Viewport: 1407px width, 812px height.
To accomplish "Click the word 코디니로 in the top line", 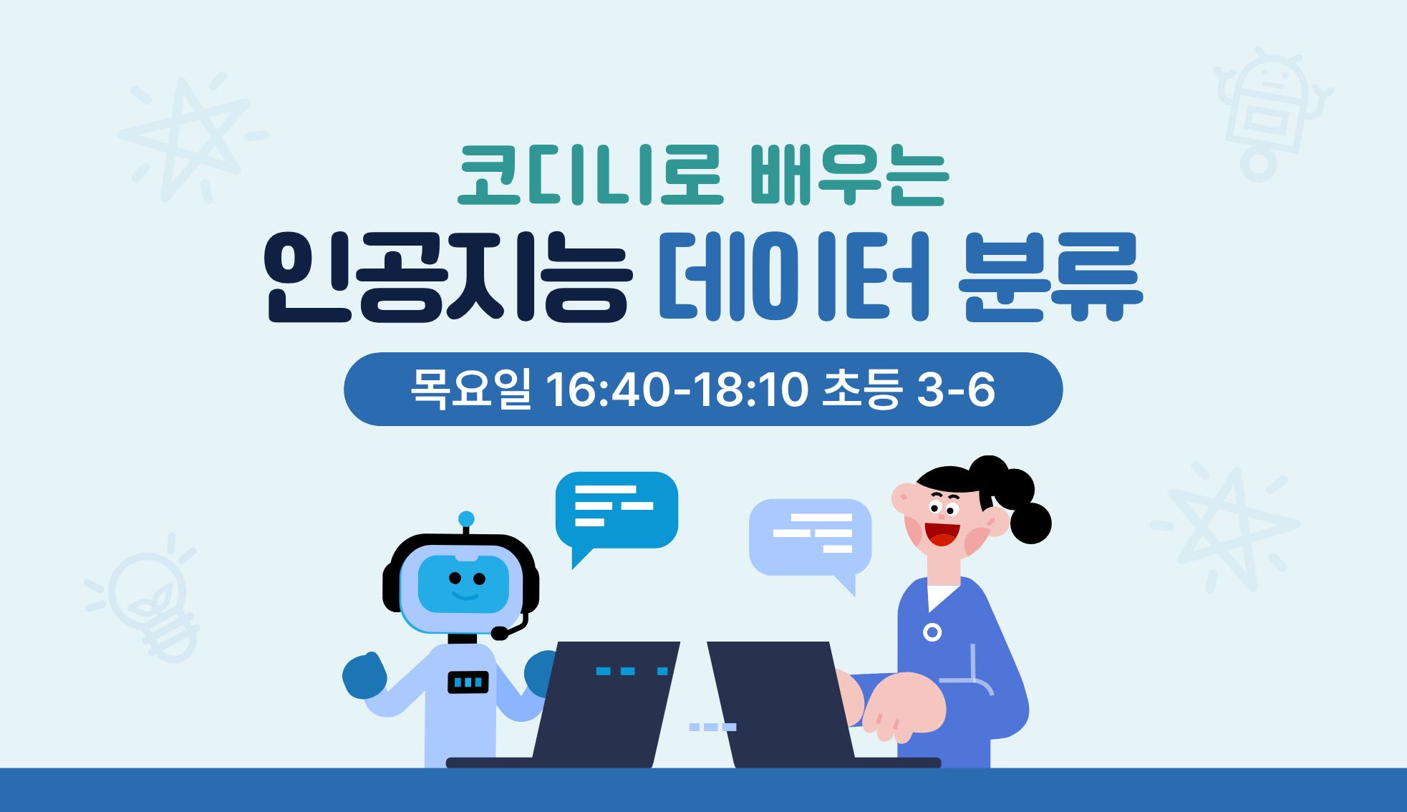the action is coord(589,175).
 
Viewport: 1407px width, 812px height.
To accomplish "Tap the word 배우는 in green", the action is coord(849,175).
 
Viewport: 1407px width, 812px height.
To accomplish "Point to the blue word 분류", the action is coord(1050,276).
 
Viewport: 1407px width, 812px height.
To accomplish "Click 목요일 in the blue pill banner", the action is coord(470,390).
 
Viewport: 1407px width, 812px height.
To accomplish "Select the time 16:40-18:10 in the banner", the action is coord(677,391).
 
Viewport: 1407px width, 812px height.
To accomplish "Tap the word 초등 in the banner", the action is coord(860,390).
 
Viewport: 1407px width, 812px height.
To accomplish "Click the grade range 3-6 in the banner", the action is coord(955,391).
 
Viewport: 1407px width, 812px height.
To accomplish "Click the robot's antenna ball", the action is coord(466,518).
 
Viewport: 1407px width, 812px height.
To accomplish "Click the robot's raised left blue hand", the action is coord(364,675).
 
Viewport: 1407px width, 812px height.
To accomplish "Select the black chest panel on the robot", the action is coord(468,682).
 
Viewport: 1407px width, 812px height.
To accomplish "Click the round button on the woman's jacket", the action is coord(932,632).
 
